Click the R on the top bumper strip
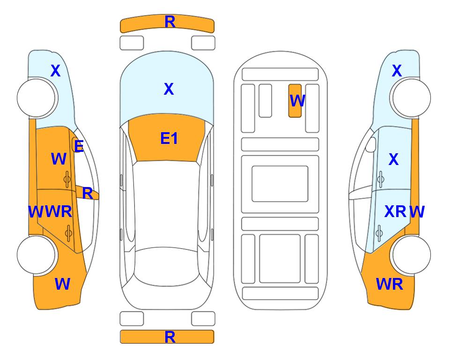pos(170,22)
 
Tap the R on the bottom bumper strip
pos(170,337)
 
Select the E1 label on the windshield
pos(169,138)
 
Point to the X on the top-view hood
pos(169,89)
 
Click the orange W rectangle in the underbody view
pos(295,101)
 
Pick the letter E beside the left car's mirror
pos(79,146)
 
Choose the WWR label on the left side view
pos(50,212)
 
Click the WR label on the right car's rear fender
pos(390,284)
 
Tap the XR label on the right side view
pos(395,211)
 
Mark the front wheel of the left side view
pos(36,98)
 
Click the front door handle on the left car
pos(67,179)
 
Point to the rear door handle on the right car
pos(379,233)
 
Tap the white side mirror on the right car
pos(371,144)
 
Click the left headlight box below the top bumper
pos(132,43)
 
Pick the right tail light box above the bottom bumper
pos(203,319)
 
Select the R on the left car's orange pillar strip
pos(88,193)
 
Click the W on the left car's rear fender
pos(62,284)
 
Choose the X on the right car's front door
pos(393,159)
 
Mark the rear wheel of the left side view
pos(36,255)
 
